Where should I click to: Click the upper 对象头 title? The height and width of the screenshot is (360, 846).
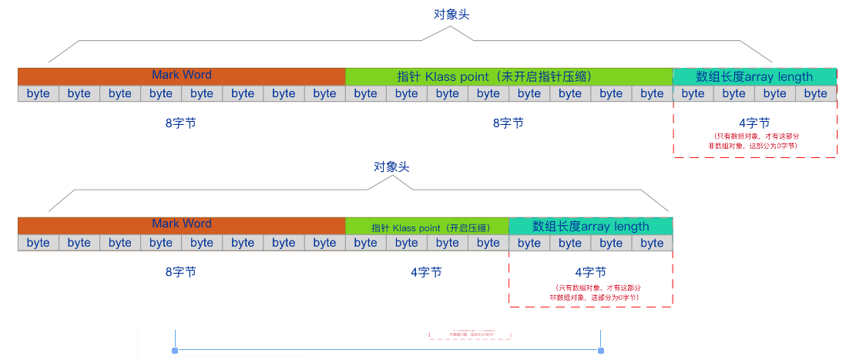click(x=451, y=15)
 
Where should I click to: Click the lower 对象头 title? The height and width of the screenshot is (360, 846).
click(x=391, y=167)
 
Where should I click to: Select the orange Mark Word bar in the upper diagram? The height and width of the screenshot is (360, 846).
click(x=182, y=76)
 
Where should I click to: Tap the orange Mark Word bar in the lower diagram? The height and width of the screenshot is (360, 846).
click(x=182, y=225)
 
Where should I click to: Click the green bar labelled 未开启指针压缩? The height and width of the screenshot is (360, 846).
click(x=509, y=76)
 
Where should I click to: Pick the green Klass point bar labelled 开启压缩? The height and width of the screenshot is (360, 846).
click(x=427, y=227)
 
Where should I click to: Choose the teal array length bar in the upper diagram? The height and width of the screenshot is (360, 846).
click(x=754, y=76)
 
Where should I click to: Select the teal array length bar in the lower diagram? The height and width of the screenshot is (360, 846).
click(x=590, y=226)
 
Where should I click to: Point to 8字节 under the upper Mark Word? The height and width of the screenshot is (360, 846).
click(x=180, y=123)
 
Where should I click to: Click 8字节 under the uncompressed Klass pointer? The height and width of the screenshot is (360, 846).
click(x=508, y=123)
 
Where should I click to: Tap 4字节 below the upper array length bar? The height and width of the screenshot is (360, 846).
click(x=754, y=123)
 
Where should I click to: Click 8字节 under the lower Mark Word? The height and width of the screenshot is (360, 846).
click(x=180, y=272)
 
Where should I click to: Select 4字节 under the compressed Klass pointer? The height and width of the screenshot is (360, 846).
click(x=426, y=272)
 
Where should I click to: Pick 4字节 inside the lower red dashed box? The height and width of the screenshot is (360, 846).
click(x=590, y=272)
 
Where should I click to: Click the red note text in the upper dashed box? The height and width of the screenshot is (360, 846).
click(x=754, y=140)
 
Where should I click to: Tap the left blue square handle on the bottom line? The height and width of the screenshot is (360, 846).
click(x=176, y=351)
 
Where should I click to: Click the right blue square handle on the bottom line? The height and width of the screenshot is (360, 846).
click(x=601, y=351)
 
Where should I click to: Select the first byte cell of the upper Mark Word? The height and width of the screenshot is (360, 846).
click(x=38, y=93)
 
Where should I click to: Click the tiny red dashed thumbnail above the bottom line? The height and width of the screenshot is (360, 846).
click(x=471, y=335)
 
